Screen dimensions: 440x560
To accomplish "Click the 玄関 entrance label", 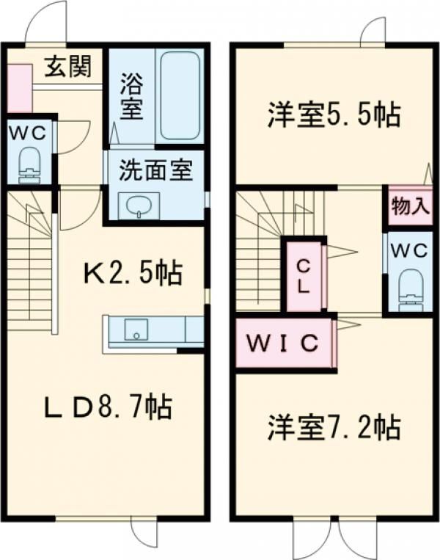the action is pos(67,67).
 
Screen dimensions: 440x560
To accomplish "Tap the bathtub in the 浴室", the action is pos(180,95).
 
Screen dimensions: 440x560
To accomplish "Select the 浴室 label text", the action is pos(131,95).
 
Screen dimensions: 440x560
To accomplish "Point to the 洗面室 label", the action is pos(155,170).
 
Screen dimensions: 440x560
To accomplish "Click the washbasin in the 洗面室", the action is pos(139,206).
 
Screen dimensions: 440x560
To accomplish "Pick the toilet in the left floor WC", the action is pos(29,165).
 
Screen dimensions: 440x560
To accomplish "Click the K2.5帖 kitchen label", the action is pos(133,273).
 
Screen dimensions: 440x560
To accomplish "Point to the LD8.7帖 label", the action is pos(108,406).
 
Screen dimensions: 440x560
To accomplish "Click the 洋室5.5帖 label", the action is pos(334,115).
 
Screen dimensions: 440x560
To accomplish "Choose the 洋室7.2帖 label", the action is pos(334,426).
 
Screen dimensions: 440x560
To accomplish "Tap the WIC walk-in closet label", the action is pos(282,343).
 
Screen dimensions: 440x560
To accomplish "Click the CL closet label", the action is pos(304,276).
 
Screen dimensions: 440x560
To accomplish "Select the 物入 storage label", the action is pos(410,206).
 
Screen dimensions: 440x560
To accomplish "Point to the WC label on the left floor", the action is pos(27,134).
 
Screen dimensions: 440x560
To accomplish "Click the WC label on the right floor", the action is pos(409,251).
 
